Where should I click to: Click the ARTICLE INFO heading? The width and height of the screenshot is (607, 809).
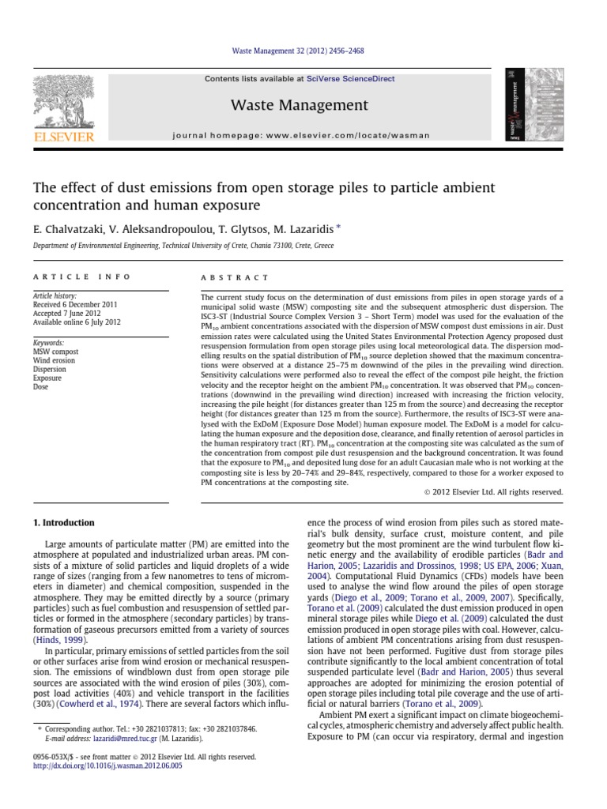66,278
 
